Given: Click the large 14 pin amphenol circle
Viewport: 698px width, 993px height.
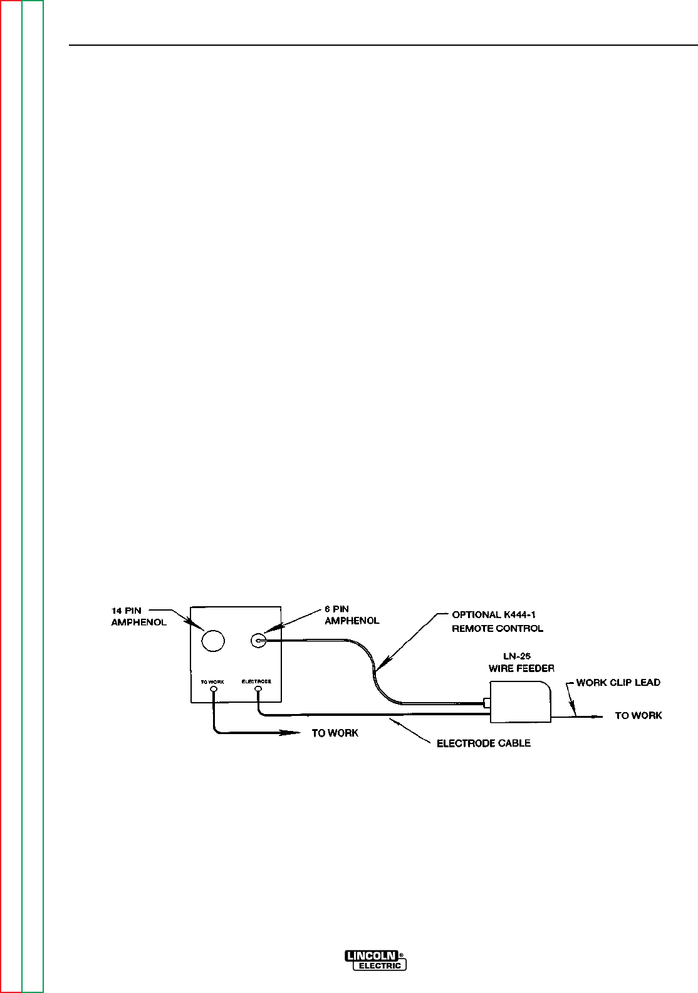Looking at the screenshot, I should [x=213, y=639].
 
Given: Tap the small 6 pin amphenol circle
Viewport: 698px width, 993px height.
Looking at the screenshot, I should [x=258, y=640].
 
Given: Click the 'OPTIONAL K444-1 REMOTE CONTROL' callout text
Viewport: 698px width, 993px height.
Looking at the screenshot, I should [x=497, y=621].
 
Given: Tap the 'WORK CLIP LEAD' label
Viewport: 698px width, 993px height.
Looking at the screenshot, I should [x=618, y=682].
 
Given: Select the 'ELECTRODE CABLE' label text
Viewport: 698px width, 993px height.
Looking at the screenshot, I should [x=484, y=743].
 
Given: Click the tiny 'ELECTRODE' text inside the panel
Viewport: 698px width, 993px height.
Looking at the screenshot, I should [x=256, y=680].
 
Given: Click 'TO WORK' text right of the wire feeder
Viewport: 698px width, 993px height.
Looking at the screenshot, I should [x=638, y=715].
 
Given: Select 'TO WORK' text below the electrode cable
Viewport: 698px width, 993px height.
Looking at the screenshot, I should [x=335, y=733].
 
